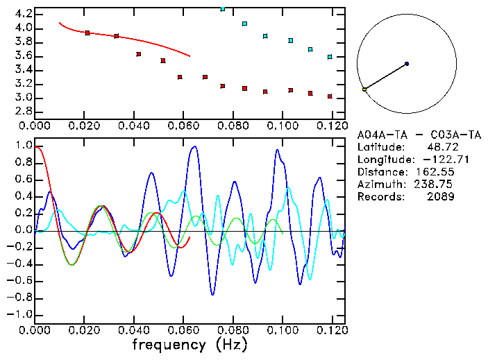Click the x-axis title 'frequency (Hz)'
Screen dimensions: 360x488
point(190,345)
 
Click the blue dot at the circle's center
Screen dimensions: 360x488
point(407,64)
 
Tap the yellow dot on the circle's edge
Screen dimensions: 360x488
point(364,89)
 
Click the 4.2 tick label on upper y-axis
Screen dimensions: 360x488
point(23,14)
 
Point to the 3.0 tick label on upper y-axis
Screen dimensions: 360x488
point(23,98)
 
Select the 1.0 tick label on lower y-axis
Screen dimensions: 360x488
point(23,146)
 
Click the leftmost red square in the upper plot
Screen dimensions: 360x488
point(87,33)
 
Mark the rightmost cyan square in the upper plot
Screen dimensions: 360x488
point(330,57)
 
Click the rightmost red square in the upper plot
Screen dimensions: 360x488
point(330,96)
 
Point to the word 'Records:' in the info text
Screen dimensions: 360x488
point(380,197)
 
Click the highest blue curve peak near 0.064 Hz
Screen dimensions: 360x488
point(194,146)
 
